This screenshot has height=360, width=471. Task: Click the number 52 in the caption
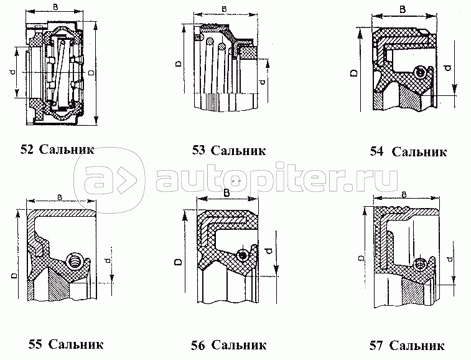pos(27,149)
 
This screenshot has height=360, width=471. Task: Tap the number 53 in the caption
pos(198,149)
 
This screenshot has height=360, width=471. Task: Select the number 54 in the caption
pos(376,151)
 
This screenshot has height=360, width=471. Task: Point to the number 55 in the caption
pos(36,344)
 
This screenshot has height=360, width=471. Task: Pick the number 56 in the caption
pos(199,344)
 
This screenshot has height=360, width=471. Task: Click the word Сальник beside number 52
pos(67,149)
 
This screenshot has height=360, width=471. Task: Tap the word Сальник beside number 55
pos(75,344)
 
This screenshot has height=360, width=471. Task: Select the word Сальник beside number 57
pos(416,344)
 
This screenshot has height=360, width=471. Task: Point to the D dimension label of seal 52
pos(91,73)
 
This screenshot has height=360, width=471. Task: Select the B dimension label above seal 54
pos(403,10)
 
